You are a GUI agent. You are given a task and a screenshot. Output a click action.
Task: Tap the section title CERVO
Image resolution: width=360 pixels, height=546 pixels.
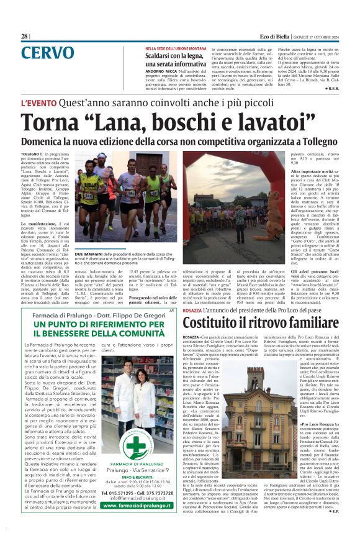(47, 53)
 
